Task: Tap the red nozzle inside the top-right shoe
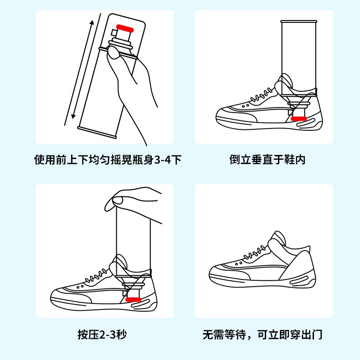click(299, 119)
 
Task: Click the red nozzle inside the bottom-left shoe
click(134, 299)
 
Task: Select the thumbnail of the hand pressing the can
click(104, 251)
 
